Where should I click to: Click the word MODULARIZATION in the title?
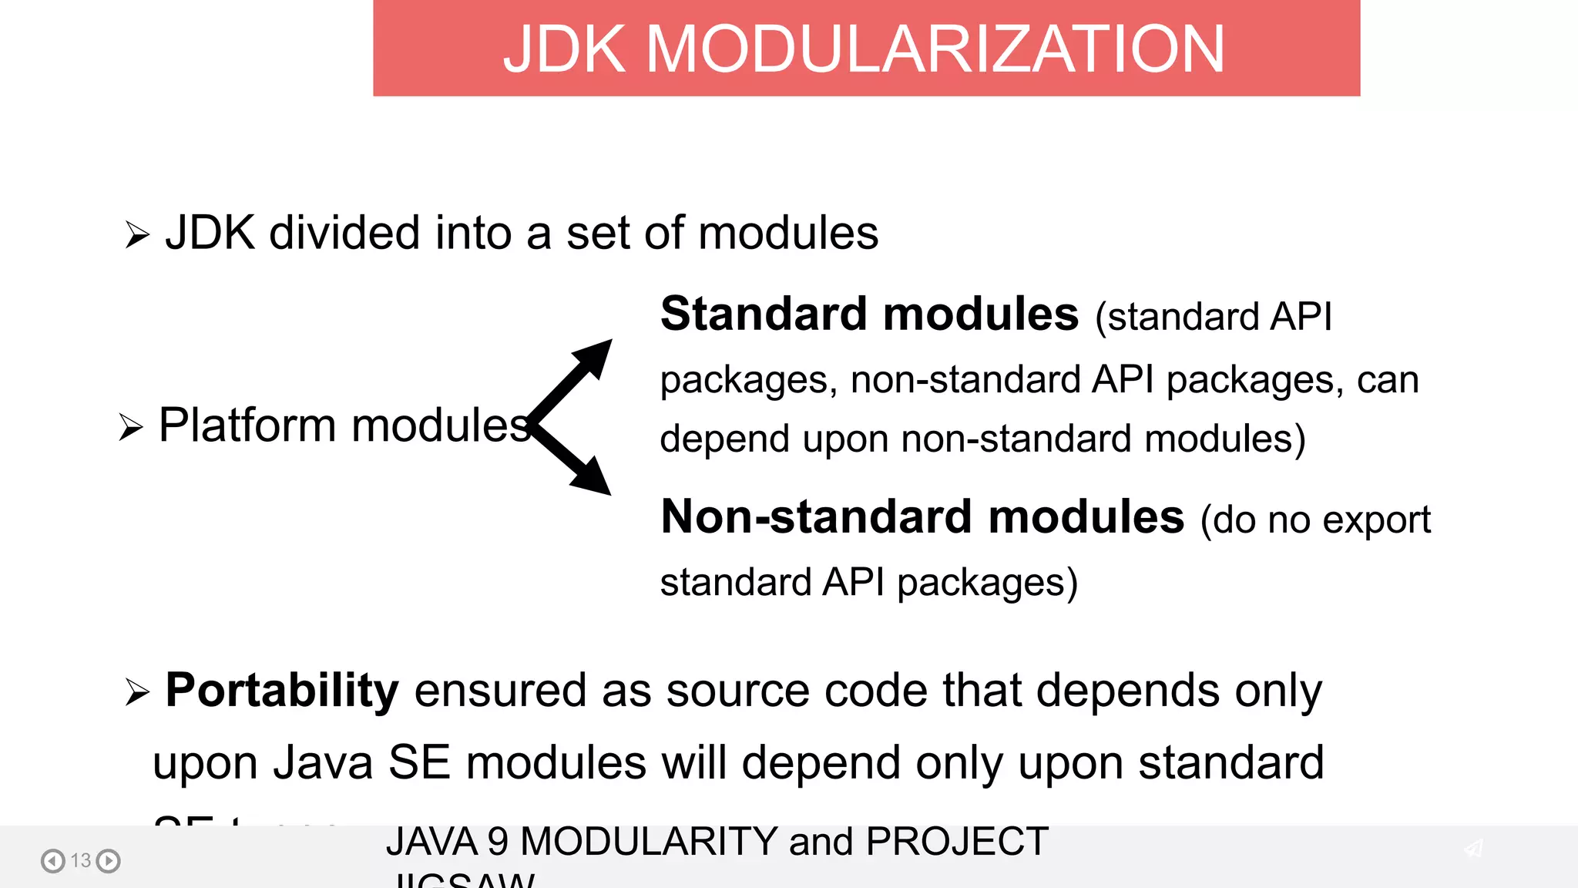coord(935,49)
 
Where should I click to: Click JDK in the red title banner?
coord(564,49)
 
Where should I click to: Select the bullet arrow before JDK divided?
coord(136,234)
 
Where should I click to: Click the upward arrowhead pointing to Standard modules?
coord(594,357)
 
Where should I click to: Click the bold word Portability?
coord(282,690)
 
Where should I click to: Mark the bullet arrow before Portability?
coord(136,692)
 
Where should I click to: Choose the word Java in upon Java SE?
coord(323,763)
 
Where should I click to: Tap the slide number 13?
coord(81,860)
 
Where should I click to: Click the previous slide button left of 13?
coord(52,860)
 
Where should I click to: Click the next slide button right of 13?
coord(109,860)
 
